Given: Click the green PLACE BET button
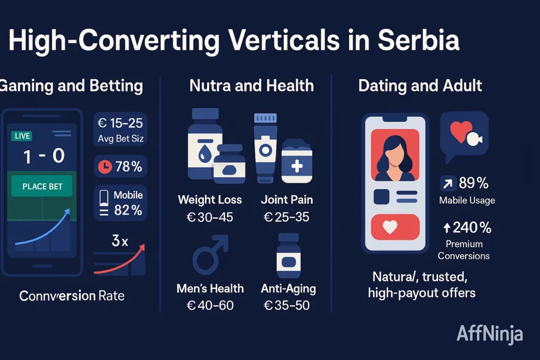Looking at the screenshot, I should (x=43, y=187).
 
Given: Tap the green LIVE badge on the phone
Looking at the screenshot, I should (x=22, y=137).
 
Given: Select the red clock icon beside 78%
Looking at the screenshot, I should (x=105, y=167).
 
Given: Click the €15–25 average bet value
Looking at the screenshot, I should (x=120, y=123).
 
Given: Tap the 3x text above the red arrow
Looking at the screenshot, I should (x=120, y=242).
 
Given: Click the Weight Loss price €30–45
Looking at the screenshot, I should (x=209, y=217).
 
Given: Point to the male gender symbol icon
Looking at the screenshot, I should (x=210, y=256).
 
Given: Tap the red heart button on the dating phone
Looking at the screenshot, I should (x=395, y=227).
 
